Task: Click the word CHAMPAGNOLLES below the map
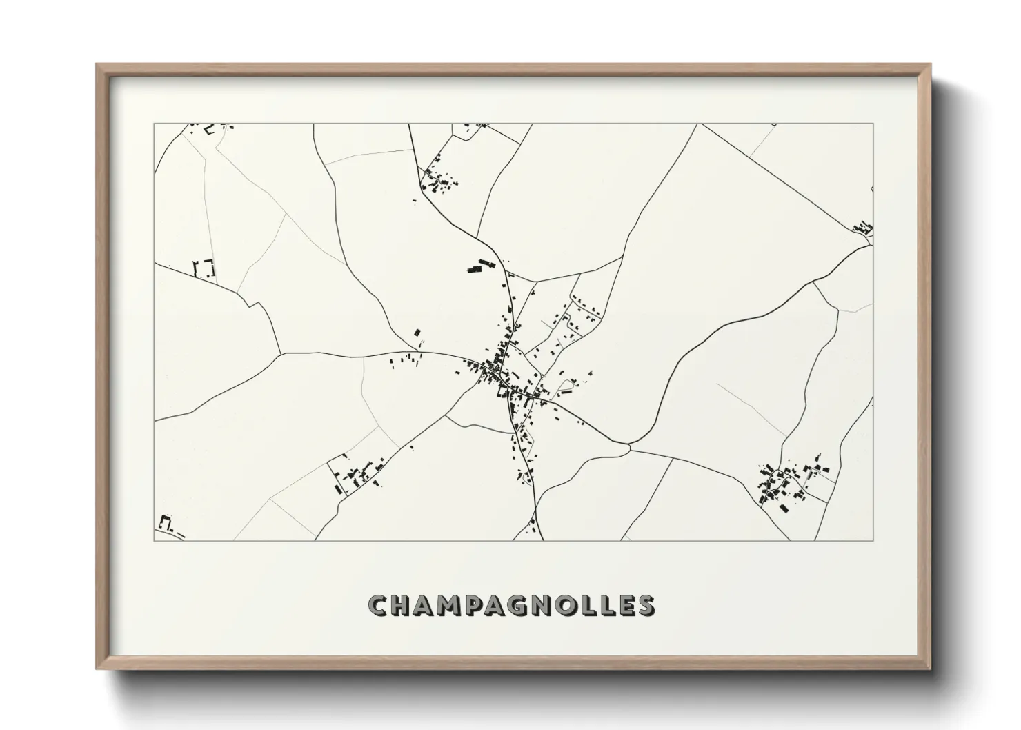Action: [512, 605]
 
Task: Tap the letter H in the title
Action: [400, 606]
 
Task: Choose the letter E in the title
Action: [624, 606]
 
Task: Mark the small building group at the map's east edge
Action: [862, 228]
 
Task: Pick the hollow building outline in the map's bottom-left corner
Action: [165, 522]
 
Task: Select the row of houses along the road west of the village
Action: [406, 359]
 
